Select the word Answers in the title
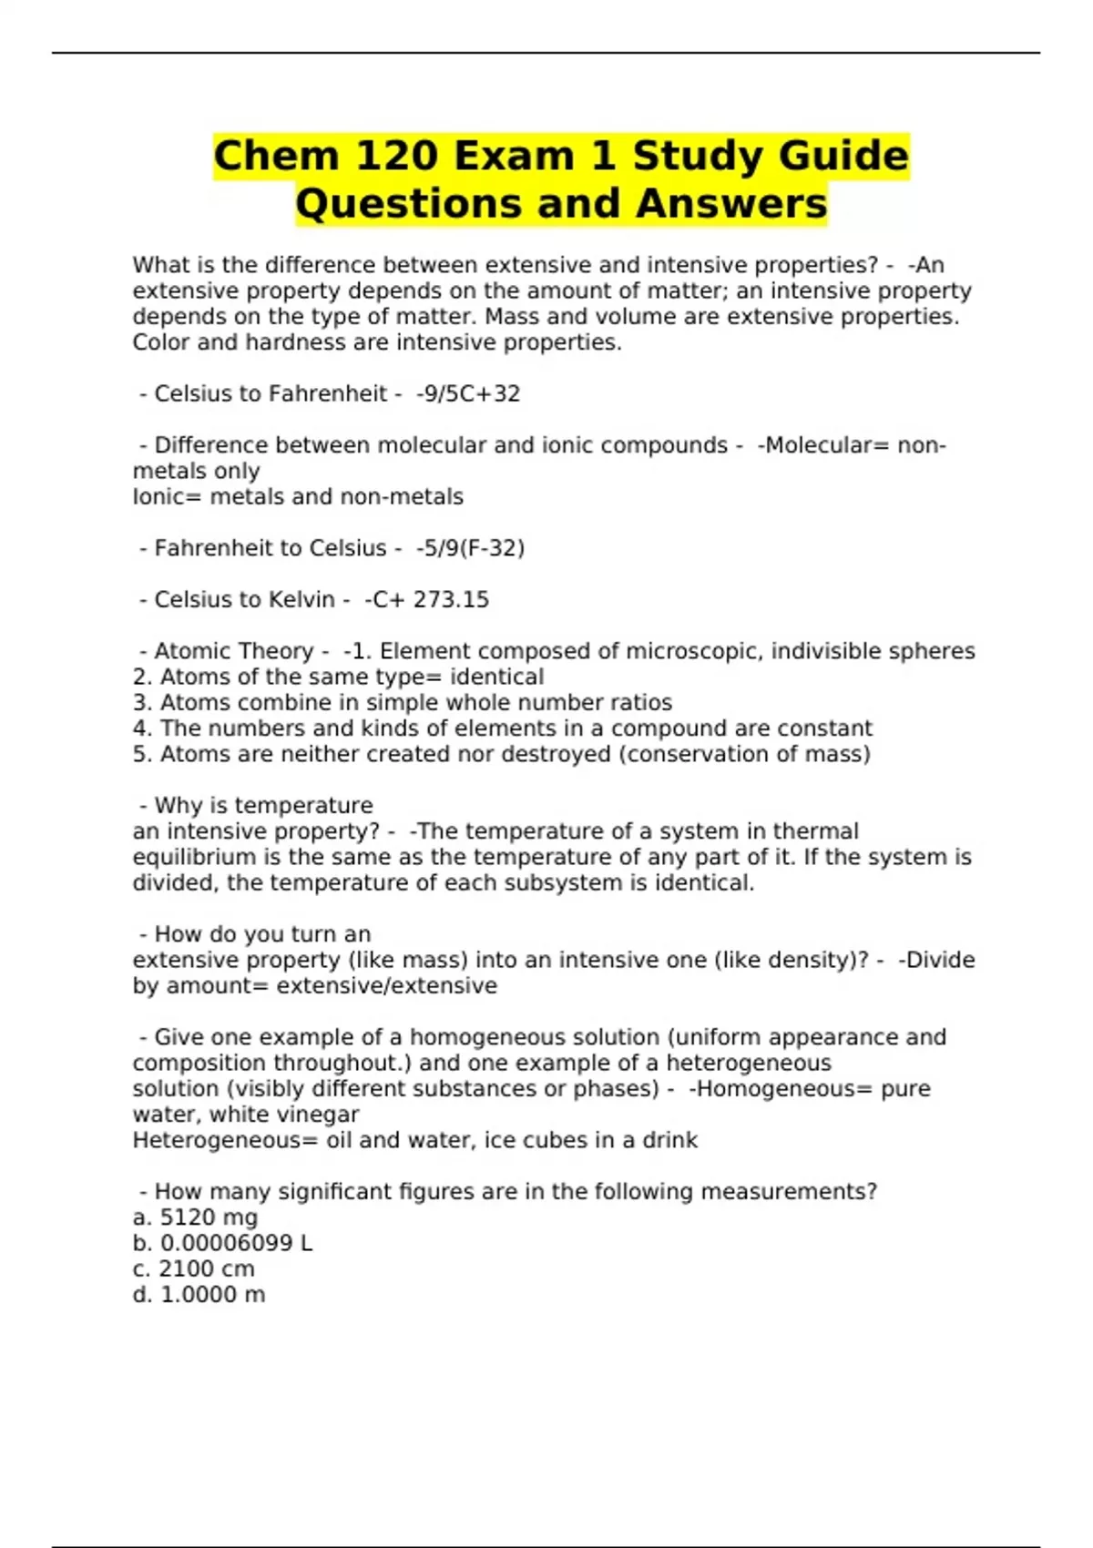pos(731,204)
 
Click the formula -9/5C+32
pos(468,394)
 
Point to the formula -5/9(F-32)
pos(470,548)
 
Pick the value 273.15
pos(451,600)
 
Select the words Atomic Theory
pos(233,652)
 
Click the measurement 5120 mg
pos(209,1218)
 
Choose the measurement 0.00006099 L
pos(236,1244)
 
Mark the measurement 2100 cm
pos(207,1269)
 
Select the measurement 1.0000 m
pos(212,1295)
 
